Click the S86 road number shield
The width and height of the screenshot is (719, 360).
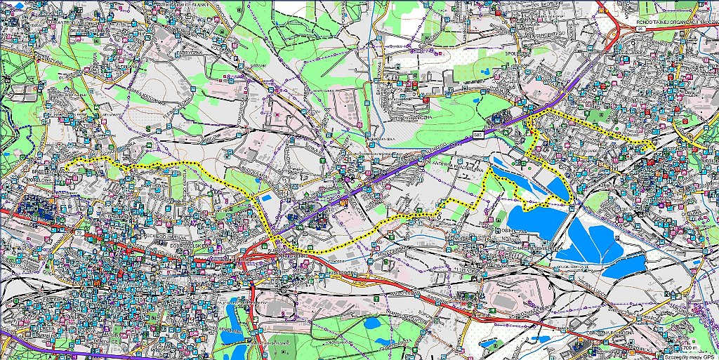click(477, 133)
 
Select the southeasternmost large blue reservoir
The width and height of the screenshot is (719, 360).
click(621, 265)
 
